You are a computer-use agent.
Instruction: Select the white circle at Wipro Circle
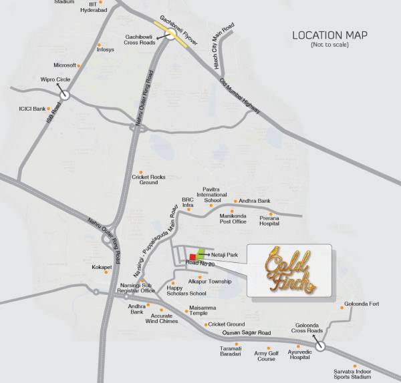click(64, 95)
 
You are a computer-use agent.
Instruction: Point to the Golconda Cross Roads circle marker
click(321, 346)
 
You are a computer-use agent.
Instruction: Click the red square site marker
click(193, 257)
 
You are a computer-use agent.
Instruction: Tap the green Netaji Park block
click(200, 252)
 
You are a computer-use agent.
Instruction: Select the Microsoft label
click(65, 65)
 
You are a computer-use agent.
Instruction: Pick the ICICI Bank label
click(31, 109)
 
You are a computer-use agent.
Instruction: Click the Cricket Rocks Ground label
click(148, 179)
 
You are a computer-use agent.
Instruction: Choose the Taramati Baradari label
click(225, 352)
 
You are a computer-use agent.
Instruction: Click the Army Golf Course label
click(267, 356)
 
